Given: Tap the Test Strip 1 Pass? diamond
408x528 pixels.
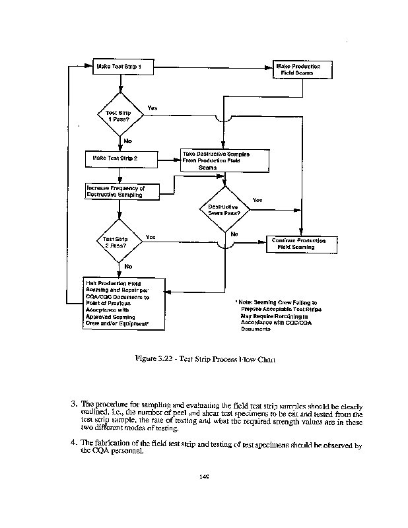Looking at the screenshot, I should [120, 115].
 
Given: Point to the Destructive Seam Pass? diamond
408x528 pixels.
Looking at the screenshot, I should [224, 210].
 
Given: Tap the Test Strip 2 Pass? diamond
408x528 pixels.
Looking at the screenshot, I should [119, 242].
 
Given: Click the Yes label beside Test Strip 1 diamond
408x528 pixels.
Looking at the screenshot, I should [153, 107].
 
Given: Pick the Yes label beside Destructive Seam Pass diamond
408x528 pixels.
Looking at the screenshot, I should [257, 200].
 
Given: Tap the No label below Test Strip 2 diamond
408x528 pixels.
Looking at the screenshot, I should [127, 266].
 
